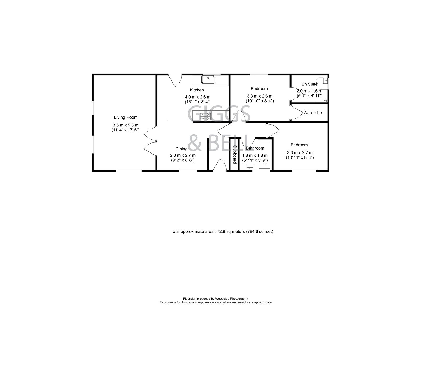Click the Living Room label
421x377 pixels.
pos(126,117)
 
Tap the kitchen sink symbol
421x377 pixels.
pos(208,79)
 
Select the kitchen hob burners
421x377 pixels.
pos(206,116)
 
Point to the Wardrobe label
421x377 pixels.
pos(312,113)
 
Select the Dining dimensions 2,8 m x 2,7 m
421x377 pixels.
pos(183,155)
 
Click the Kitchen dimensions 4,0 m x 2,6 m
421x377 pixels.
pos(197,97)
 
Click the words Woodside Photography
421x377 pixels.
pos(232,299)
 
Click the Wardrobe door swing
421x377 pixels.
pos(297,113)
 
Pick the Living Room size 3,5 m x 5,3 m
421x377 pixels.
pos(126,125)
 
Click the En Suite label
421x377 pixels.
pos(309,84)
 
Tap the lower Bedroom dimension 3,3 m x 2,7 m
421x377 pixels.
pos(299,153)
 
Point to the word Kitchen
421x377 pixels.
pos(197,90)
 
